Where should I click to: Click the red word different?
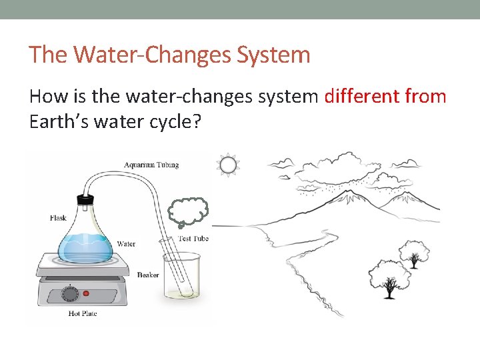click(x=361, y=97)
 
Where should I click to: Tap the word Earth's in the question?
click(x=57, y=122)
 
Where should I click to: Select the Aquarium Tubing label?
click(x=151, y=165)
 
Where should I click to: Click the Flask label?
click(x=59, y=218)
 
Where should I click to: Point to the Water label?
click(x=125, y=244)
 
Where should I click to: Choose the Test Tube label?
click(x=193, y=239)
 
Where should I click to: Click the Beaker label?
click(x=148, y=274)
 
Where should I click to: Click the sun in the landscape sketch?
click(x=229, y=165)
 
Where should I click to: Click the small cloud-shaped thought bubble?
click(x=189, y=213)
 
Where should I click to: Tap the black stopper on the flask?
click(x=85, y=199)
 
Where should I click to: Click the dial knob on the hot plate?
click(x=67, y=291)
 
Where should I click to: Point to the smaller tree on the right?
click(x=413, y=253)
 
